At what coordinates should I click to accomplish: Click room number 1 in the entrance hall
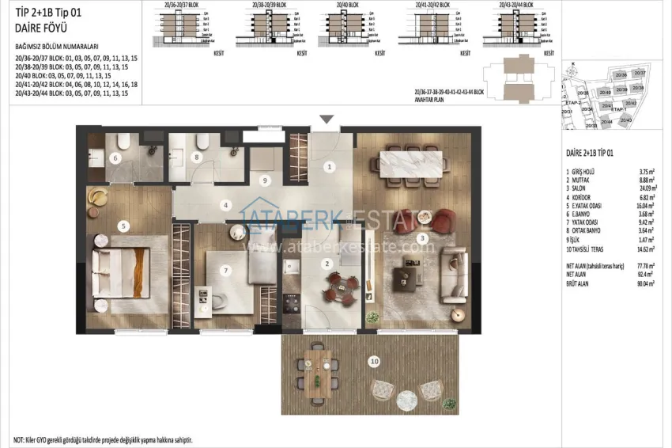330,167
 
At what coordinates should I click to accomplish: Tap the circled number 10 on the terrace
373,361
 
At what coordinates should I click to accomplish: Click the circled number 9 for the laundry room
266,180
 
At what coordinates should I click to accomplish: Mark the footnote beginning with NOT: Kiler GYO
103,439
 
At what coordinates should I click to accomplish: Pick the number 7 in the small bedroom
226,270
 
